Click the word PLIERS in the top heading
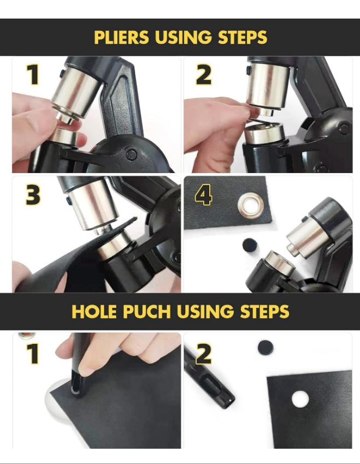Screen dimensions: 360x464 (x=121, y=37)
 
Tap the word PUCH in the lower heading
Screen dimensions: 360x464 (x=147, y=311)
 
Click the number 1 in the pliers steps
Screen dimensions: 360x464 (x=33, y=75)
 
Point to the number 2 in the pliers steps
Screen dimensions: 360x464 (x=204, y=75)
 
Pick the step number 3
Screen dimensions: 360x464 (x=33, y=195)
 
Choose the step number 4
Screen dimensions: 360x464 (x=203, y=195)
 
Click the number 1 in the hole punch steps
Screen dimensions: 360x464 (x=33, y=354)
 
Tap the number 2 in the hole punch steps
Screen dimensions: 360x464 (x=204, y=354)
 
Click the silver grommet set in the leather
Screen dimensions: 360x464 (x=250, y=205)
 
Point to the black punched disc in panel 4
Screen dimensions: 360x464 (x=250, y=245)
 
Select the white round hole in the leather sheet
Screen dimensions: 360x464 (x=300, y=399)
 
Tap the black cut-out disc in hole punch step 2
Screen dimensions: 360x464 (x=265, y=348)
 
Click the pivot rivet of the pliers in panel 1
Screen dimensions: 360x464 (x=131, y=154)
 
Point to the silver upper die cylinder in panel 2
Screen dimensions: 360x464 (x=267, y=86)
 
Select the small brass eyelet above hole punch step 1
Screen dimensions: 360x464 (x=27, y=336)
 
